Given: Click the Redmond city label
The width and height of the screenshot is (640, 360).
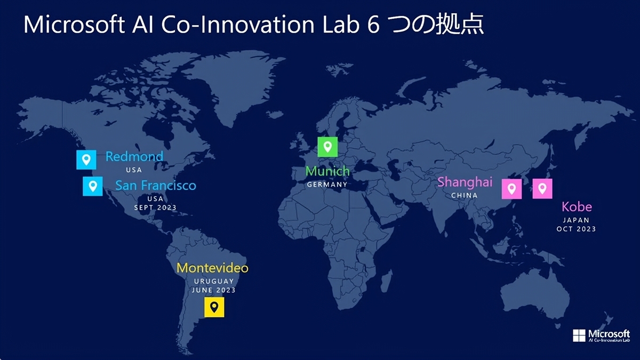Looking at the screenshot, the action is pos(134,157).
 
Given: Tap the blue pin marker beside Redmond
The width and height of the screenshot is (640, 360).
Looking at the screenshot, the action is pos(86,159).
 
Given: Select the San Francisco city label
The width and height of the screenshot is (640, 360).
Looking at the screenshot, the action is pos(156,186).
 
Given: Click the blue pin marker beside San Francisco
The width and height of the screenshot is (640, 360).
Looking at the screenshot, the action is pos(93,186).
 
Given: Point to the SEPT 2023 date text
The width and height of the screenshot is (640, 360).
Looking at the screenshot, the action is pos(155,207).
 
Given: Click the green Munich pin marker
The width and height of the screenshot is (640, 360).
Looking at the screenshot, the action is pos(327,147).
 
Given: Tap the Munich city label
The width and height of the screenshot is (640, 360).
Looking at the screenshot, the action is pos(327,171).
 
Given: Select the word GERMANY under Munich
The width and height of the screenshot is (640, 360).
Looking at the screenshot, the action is pos(327,185).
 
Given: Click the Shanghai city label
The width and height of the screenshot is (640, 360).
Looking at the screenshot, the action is pos(465,182).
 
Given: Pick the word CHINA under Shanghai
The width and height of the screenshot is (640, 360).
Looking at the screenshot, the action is pos(465,195).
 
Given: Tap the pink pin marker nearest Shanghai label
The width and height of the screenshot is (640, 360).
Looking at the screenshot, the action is pos(511,189).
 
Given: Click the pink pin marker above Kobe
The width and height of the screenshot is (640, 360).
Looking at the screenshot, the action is pos(542,189).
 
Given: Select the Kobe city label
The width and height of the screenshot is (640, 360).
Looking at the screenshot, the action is pos(577,207).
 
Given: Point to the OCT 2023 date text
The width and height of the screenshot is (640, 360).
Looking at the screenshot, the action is pos(577,229).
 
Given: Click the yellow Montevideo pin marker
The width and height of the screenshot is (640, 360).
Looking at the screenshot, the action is pos(214,307).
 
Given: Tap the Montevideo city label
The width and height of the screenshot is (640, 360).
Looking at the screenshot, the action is pos(213,268).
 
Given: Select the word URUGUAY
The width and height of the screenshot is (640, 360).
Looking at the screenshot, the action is pos(214,282).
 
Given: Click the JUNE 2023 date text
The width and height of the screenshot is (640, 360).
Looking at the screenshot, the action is pos(214,290).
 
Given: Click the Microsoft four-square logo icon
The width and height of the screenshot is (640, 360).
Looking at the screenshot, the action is pos(579,335).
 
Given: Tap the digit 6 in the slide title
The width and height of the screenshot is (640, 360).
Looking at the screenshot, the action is pos(373,25).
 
